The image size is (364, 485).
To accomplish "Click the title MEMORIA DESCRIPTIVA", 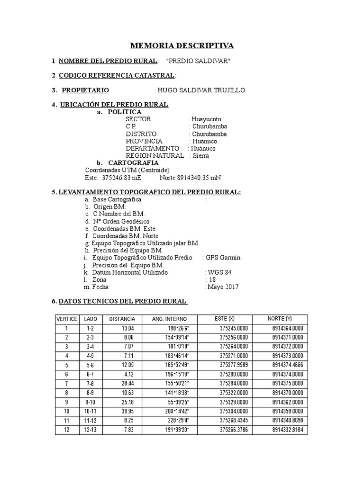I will pos(182,46).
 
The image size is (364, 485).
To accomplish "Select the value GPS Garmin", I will pos(223,257).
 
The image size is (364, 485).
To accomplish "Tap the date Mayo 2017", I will pos(223,287).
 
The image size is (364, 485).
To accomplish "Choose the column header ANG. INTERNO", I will pos(169,319).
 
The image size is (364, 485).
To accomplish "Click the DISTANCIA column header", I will pos(122,319).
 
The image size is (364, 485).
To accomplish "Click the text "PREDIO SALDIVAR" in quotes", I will pos(200,61).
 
